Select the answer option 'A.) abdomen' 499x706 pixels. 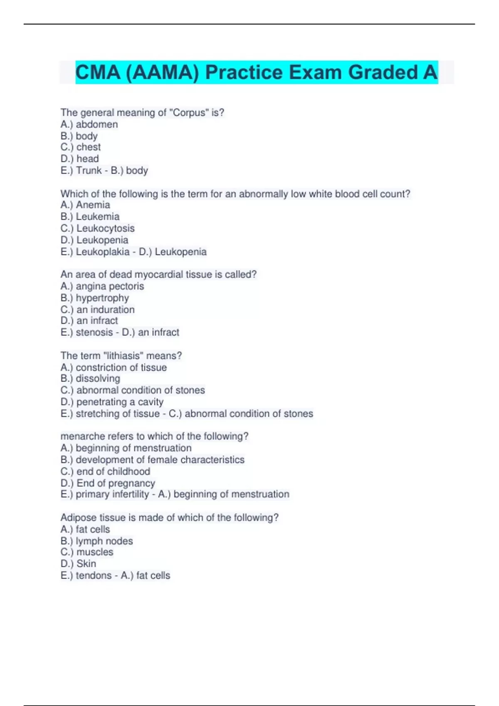point(89,124)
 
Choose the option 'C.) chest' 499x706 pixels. point(81,147)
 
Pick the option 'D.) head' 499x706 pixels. point(80,159)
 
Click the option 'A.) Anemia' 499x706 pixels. point(85,205)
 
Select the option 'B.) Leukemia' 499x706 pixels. point(90,216)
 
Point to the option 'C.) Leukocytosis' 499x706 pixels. point(97,228)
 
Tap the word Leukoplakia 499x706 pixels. point(103,252)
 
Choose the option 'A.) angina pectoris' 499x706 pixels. point(102,286)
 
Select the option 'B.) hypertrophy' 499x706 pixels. point(95,298)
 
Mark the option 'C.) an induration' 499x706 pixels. point(97,309)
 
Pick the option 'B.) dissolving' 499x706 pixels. point(90,378)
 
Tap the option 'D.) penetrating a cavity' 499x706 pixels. point(112,402)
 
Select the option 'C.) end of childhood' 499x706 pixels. point(105,471)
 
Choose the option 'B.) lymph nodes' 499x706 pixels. point(96,541)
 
